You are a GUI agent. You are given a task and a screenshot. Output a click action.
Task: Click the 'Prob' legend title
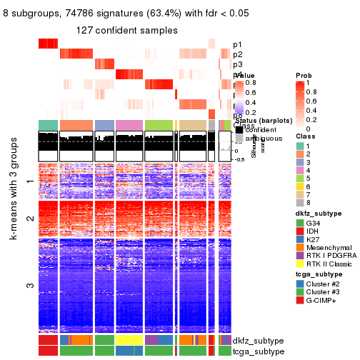coord(303,75)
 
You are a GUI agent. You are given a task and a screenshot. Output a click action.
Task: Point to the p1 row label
coord(237,44)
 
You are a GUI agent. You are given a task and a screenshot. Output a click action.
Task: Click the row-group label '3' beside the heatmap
coord(29,285)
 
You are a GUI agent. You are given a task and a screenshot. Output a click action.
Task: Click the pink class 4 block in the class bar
coord(129,126)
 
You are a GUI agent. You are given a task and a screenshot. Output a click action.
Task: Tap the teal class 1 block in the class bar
coord(47,126)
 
